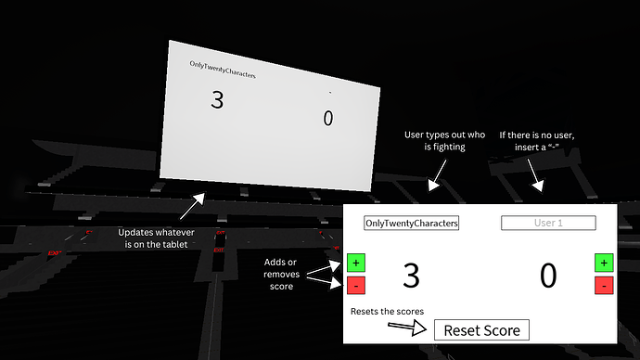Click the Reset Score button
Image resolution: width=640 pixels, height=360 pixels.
481,329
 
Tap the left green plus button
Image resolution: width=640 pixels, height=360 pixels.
356,264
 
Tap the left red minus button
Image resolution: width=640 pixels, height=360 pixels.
356,286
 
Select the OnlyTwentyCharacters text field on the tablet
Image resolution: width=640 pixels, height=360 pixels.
412,223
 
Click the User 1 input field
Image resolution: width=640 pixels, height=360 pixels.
548,223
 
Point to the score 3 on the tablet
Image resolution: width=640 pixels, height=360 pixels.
411,276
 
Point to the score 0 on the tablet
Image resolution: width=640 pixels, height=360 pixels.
548,276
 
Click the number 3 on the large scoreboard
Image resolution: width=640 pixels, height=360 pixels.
217,100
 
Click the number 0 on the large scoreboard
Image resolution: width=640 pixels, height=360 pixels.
327,118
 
